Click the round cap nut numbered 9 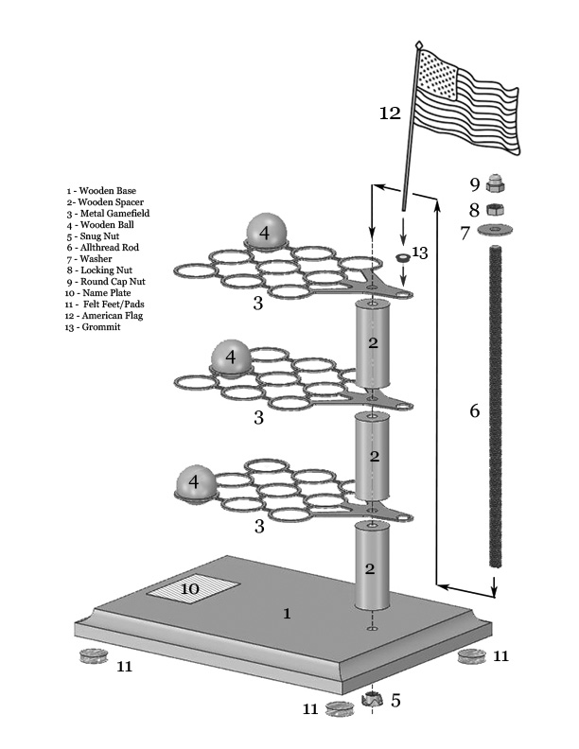493,183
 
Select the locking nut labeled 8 493,208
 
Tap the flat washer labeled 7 494,231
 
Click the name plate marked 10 204,589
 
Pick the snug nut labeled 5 373,701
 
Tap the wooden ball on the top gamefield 267,231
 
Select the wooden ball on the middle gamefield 231,357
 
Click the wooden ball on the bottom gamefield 195,482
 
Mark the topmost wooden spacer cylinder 373,342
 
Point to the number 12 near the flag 391,113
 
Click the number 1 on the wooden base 288,614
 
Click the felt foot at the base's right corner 468,656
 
